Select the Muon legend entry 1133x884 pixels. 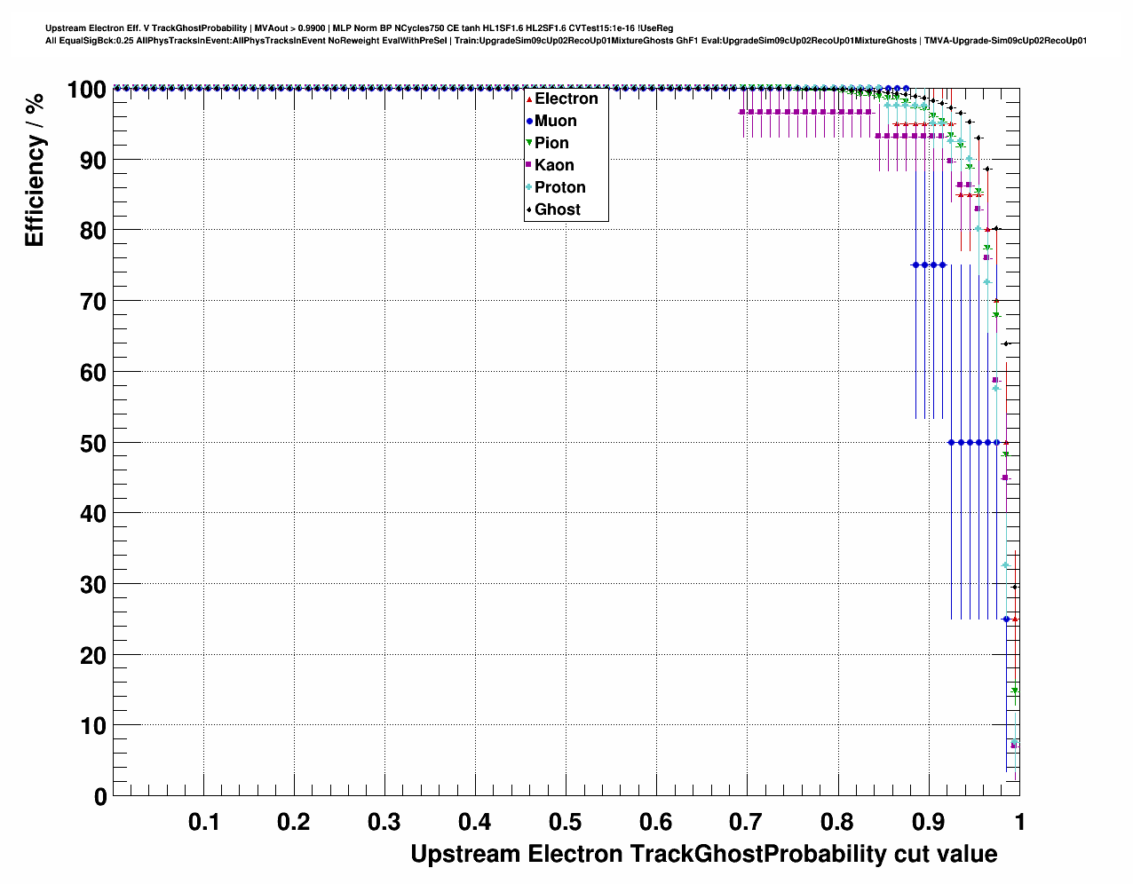(555, 121)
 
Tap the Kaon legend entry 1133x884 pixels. (553, 165)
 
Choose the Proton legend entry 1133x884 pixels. (559, 187)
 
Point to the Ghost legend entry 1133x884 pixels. (557, 209)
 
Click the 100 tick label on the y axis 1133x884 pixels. (86, 89)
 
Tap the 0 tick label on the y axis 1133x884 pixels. (100, 797)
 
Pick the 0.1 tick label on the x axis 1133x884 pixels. (204, 822)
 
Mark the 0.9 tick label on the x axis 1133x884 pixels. (928, 822)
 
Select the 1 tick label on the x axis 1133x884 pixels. (1019, 822)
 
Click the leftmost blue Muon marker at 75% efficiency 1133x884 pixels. (915, 264)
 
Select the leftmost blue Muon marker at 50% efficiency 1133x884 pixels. (952, 442)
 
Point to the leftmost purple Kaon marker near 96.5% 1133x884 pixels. (742, 112)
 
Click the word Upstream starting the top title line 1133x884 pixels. (64, 28)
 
